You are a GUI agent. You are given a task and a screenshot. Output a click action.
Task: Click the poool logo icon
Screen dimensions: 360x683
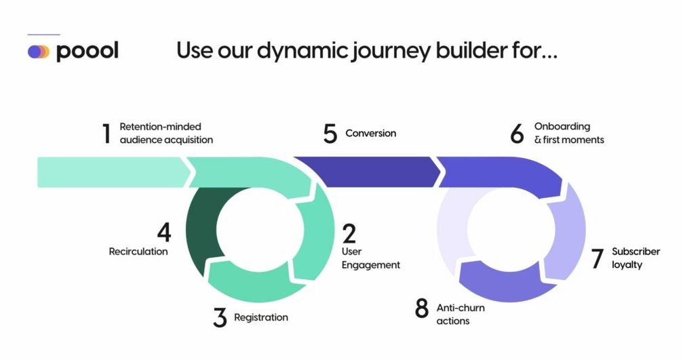tap(39, 52)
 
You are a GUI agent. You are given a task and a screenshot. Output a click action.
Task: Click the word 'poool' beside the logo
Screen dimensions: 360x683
tap(87, 51)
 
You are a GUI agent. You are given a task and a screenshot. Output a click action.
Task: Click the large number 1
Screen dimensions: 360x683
tap(106, 134)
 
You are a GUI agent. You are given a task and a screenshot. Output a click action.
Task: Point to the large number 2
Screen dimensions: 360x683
tap(349, 234)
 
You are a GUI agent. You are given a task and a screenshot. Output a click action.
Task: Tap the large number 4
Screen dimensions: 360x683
tap(163, 233)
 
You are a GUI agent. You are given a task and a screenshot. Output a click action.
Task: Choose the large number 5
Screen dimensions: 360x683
tap(330, 134)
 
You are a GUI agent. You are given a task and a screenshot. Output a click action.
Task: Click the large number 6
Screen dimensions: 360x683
tap(518, 134)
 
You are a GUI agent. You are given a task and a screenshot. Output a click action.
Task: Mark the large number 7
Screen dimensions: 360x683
tap(597, 259)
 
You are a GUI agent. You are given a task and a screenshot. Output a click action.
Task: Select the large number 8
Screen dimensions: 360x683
tap(422, 308)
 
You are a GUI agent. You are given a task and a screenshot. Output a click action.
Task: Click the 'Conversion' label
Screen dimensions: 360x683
tap(370, 134)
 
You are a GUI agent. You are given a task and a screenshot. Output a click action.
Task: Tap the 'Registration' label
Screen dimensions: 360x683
tap(260, 317)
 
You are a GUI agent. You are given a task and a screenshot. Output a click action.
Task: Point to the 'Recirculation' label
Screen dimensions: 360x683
tap(138, 252)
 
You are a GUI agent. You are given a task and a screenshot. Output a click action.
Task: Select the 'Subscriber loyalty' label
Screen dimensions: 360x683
tap(636, 258)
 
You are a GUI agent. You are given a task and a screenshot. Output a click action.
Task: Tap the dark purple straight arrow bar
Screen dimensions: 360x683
tap(366, 172)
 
